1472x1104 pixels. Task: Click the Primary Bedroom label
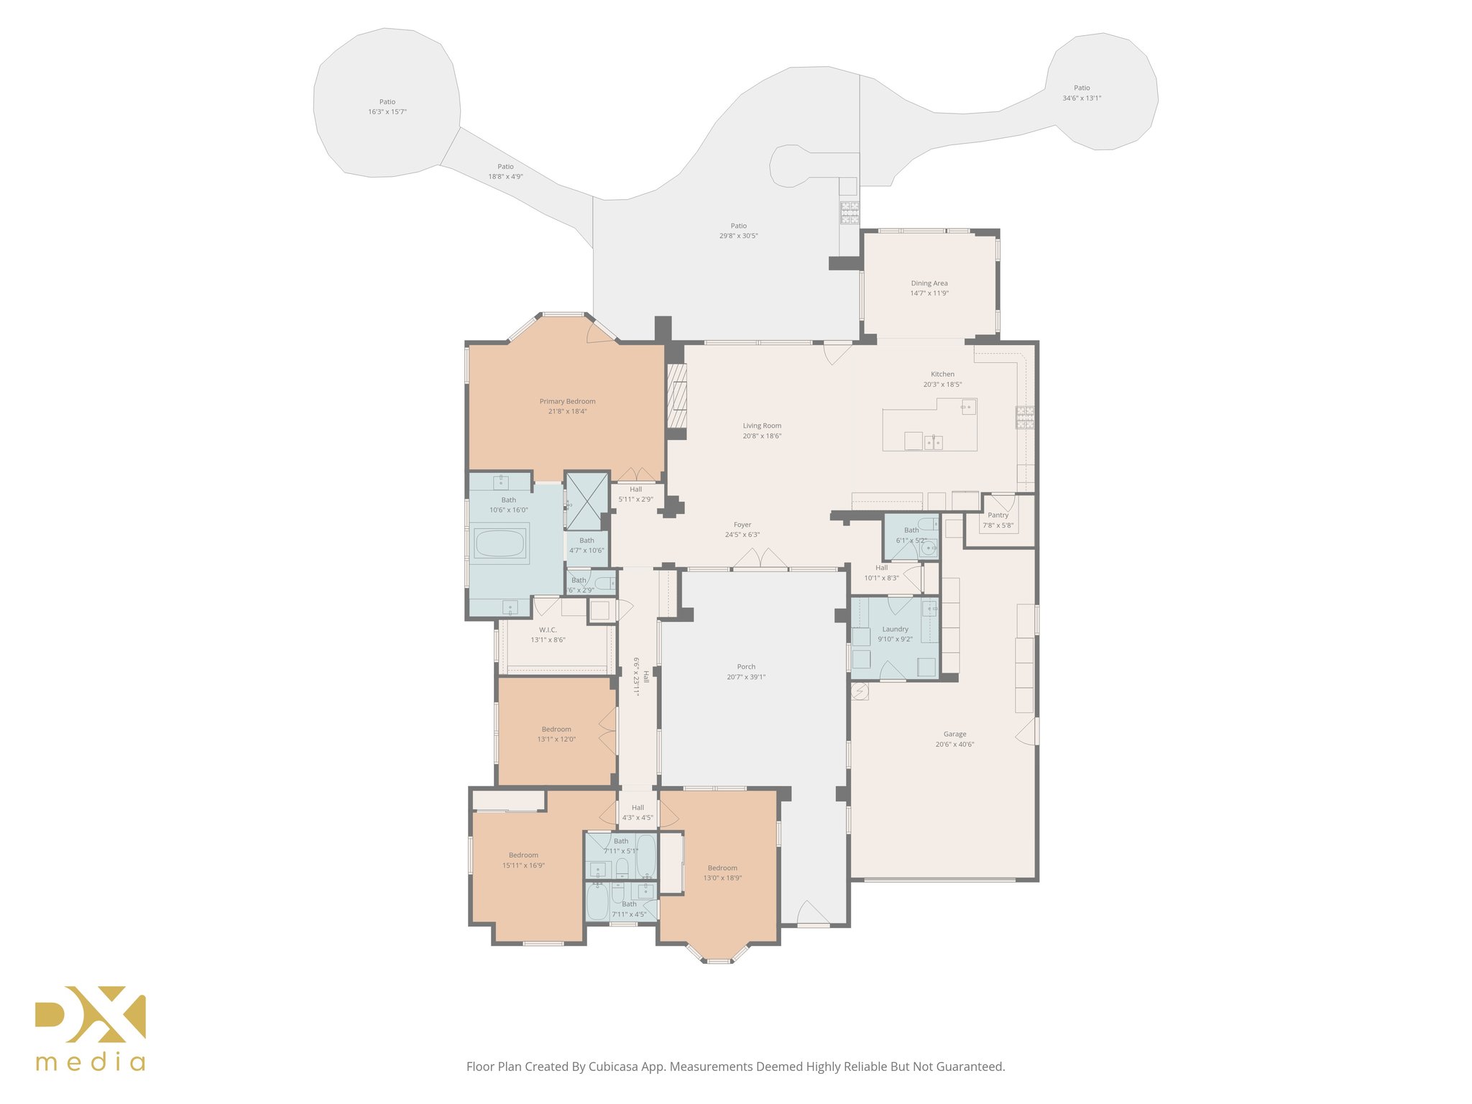coord(567,401)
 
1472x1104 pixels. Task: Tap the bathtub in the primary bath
coord(500,543)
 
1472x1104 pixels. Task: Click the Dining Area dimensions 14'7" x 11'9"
coord(929,293)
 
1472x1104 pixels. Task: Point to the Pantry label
coord(998,515)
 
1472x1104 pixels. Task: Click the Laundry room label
coord(895,629)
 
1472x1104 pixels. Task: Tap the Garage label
coord(954,734)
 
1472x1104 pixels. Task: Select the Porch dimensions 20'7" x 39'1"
coord(746,677)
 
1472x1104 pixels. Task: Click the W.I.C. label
coord(548,630)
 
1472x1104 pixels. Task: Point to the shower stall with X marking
coord(586,500)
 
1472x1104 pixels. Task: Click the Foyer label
coord(742,525)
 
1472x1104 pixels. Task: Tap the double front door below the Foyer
coord(760,560)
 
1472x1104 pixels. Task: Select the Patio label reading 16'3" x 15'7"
coord(387,112)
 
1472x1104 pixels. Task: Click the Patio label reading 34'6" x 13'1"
coord(1081,98)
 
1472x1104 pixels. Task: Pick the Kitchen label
coord(942,374)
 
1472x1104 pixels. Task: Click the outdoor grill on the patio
coord(850,213)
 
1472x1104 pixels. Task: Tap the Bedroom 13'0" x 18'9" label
coord(722,868)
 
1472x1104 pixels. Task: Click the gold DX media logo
coord(91,1028)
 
